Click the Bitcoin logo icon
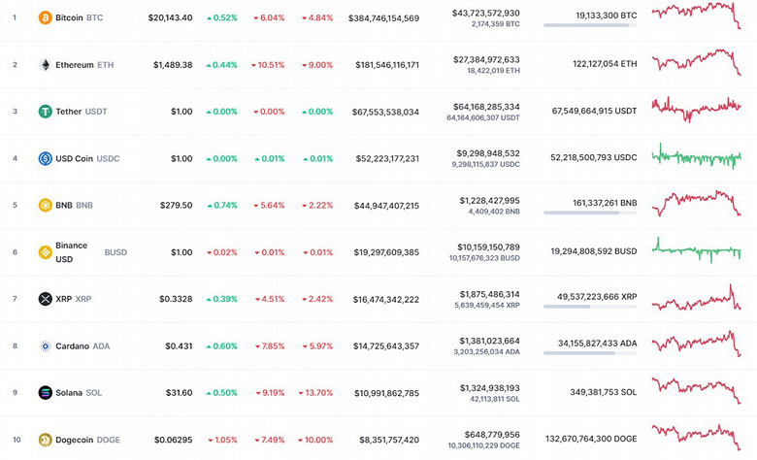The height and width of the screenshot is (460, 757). pyautogui.click(x=45, y=17)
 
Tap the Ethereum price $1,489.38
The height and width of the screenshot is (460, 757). pyautogui.click(x=173, y=65)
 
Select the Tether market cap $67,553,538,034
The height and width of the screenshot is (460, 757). pyautogui.click(x=383, y=112)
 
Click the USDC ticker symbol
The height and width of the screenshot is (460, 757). pyautogui.click(x=109, y=158)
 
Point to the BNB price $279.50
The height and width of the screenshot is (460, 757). pyautogui.click(x=175, y=205)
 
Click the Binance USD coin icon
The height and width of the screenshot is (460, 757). pyautogui.click(x=45, y=251)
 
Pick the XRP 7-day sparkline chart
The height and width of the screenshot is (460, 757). pyautogui.click(x=697, y=299)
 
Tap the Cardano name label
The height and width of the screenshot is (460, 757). pyautogui.click(x=72, y=345)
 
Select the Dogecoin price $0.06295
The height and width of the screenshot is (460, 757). pyautogui.click(x=172, y=440)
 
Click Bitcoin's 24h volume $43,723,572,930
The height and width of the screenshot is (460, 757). pyautogui.click(x=485, y=13)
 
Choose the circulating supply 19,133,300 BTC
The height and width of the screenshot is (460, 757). pyautogui.click(x=591, y=16)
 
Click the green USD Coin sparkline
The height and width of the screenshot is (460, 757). pyautogui.click(x=697, y=156)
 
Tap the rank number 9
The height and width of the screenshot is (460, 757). pyautogui.click(x=15, y=393)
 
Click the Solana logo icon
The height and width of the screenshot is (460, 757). pyautogui.click(x=45, y=393)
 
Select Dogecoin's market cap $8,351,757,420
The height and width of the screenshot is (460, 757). pyautogui.click(x=383, y=440)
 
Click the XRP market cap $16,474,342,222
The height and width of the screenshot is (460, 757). pyautogui.click(x=383, y=299)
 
